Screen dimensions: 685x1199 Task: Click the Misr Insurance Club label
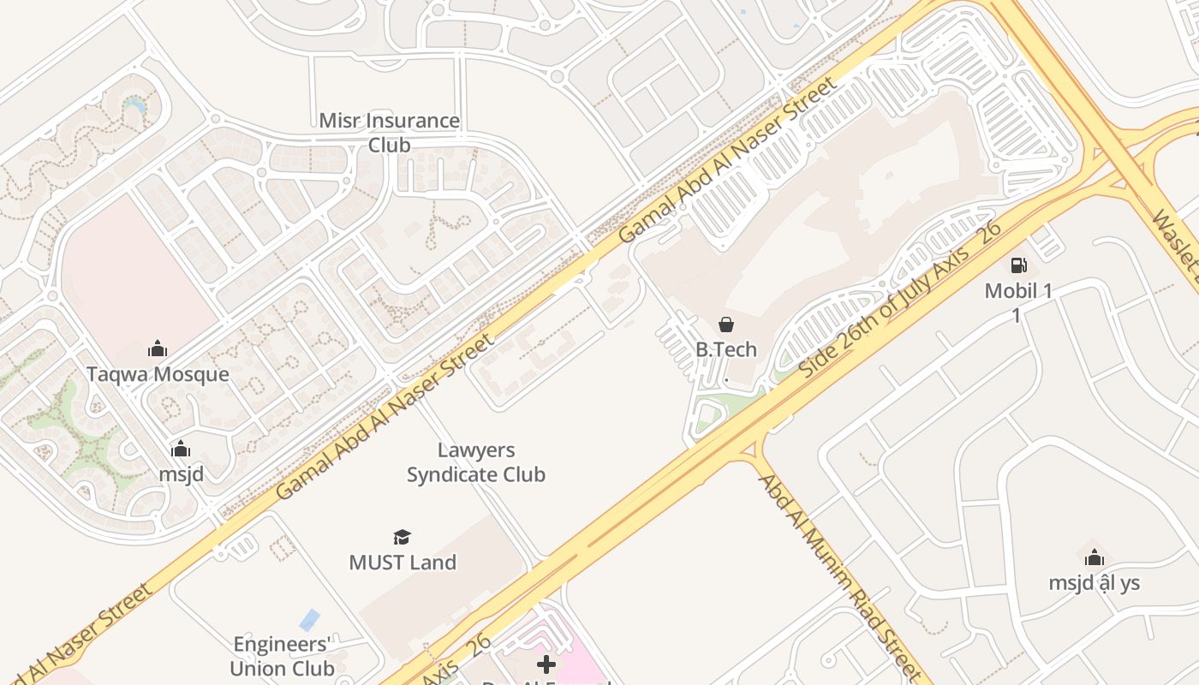pyautogui.click(x=389, y=133)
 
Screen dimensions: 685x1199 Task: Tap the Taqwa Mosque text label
pyautogui.click(x=158, y=374)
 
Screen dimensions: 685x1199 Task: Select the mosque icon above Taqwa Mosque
pyautogui.click(x=158, y=348)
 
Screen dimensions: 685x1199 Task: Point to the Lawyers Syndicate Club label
pyautogui.click(x=476, y=462)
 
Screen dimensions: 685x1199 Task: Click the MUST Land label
pyautogui.click(x=403, y=563)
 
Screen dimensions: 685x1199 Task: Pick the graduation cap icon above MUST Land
pyautogui.click(x=402, y=538)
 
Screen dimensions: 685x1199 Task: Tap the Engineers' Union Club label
pyautogui.click(x=282, y=656)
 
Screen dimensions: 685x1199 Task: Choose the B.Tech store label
pyautogui.click(x=726, y=349)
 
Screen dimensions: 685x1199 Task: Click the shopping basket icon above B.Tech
pyautogui.click(x=726, y=325)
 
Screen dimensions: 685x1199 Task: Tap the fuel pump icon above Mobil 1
pyautogui.click(x=1018, y=265)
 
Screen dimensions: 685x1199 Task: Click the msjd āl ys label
pyautogui.click(x=1095, y=583)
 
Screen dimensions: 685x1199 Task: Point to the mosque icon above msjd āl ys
pyautogui.click(x=1094, y=558)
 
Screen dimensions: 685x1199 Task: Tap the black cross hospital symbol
pyautogui.click(x=546, y=664)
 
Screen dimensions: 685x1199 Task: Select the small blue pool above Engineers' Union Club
pyautogui.click(x=309, y=619)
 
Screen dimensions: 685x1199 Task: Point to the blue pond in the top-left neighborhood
pyautogui.click(x=135, y=106)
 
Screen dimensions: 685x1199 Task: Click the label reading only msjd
pyautogui.click(x=181, y=474)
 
